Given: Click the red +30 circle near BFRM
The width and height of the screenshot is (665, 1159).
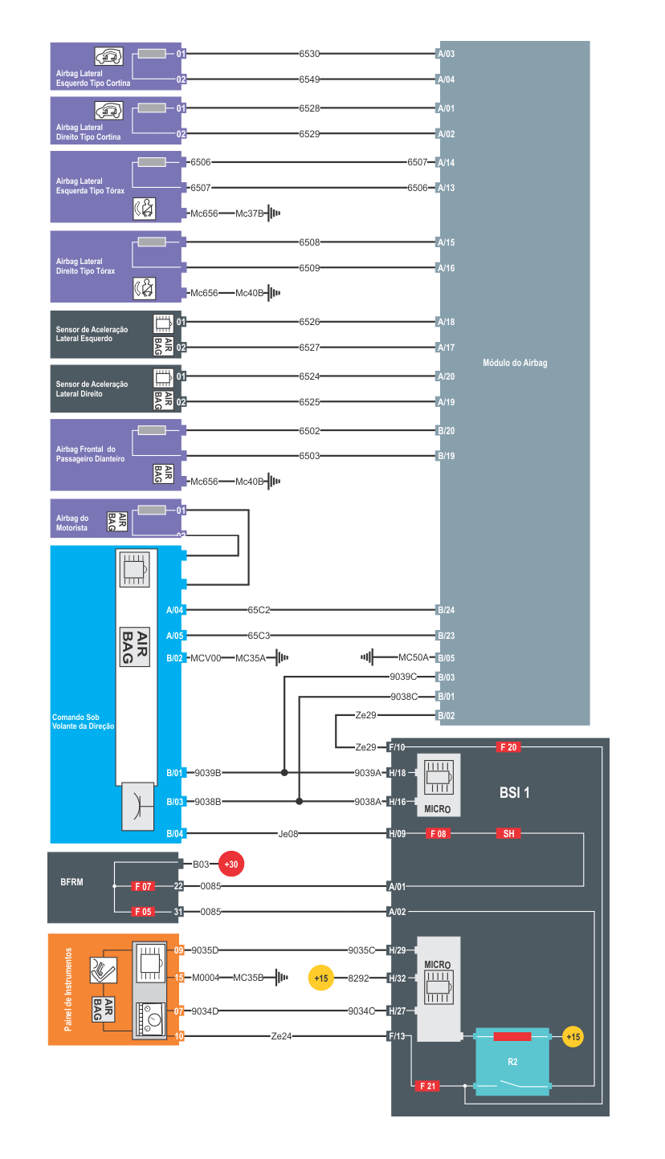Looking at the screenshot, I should pyautogui.click(x=231, y=864).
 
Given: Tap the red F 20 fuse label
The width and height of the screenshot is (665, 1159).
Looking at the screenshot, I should pyautogui.click(x=508, y=747).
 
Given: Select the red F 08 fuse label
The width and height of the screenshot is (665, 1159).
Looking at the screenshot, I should pyautogui.click(x=438, y=834).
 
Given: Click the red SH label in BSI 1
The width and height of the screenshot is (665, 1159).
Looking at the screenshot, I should pyautogui.click(x=508, y=834).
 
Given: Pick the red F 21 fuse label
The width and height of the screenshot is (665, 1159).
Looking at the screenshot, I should pyautogui.click(x=427, y=1086).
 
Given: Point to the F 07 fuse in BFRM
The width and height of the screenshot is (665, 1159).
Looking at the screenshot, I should pyautogui.click(x=143, y=886).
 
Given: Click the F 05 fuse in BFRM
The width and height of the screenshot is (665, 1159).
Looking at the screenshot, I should pyautogui.click(x=143, y=912).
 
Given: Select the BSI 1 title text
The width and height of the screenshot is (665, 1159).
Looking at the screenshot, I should pyautogui.click(x=515, y=793).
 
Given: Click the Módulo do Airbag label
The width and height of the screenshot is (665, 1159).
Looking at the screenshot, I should pyautogui.click(x=515, y=364).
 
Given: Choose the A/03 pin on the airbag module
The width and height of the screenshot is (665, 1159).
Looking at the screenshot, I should pyautogui.click(x=446, y=54).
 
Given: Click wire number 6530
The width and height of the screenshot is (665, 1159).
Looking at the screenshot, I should pyautogui.click(x=309, y=54).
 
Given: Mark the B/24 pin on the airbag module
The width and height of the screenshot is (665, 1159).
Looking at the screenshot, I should pyautogui.click(x=446, y=610).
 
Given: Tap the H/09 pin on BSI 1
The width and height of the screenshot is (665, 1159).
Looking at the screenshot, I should pyautogui.click(x=397, y=834).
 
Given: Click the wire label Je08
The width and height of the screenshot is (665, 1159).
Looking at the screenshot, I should pyautogui.click(x=288, y=834).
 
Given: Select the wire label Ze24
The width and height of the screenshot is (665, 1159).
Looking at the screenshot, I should pyautogui.click(x=281, y=1036).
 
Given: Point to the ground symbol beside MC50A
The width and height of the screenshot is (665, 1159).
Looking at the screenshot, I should pyautogui.click(x=367, y=657).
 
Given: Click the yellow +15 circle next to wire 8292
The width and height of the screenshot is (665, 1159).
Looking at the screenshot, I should pyautogui.click(x=320, y=978).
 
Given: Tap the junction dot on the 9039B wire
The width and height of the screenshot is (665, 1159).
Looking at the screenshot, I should pyautogui.click(x=284, y=773).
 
